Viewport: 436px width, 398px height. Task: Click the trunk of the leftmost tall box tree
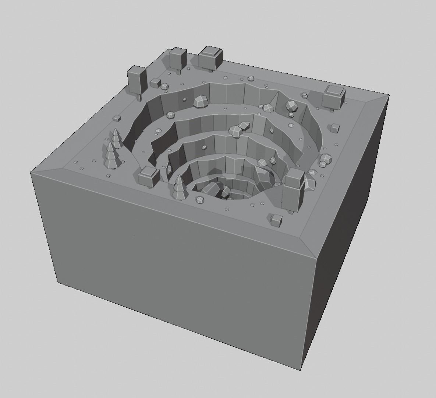click(x=139, y=97)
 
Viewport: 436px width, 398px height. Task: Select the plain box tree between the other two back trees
click(x=178, y=58)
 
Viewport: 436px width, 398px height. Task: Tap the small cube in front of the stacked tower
click(x=276, y=220)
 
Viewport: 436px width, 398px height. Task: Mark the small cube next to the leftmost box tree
click(x=155, y=82)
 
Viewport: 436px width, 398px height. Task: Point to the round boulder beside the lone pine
click(x=200, y=200)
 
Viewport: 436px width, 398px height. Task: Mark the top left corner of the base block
click(x=32, y=172)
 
